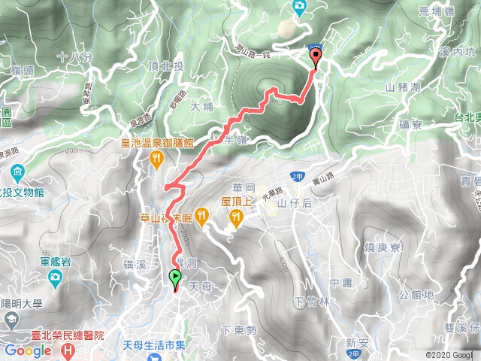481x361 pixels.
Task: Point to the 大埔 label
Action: coord(202,107)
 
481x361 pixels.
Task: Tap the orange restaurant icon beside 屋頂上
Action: coord(236,217)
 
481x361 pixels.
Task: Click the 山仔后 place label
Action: coord(293,202)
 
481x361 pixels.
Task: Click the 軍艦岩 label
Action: coord(55,262)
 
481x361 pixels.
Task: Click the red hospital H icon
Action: coord(69,350)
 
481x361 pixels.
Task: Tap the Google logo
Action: coord(28,350)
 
